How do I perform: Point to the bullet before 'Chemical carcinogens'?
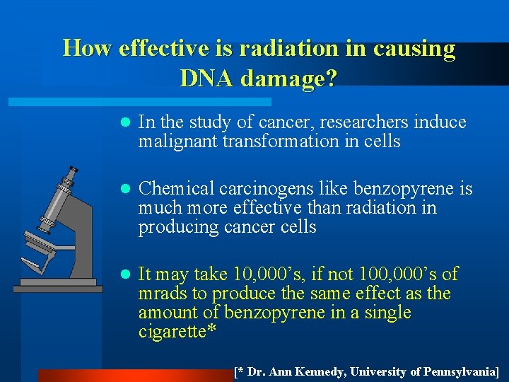[x=124, y=190]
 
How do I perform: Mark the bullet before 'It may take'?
[x=124, y=274]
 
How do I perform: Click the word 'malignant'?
[x=178, y=141]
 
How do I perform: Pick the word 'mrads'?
[x=160, y=293]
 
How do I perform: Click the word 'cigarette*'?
[x=177, y=331]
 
